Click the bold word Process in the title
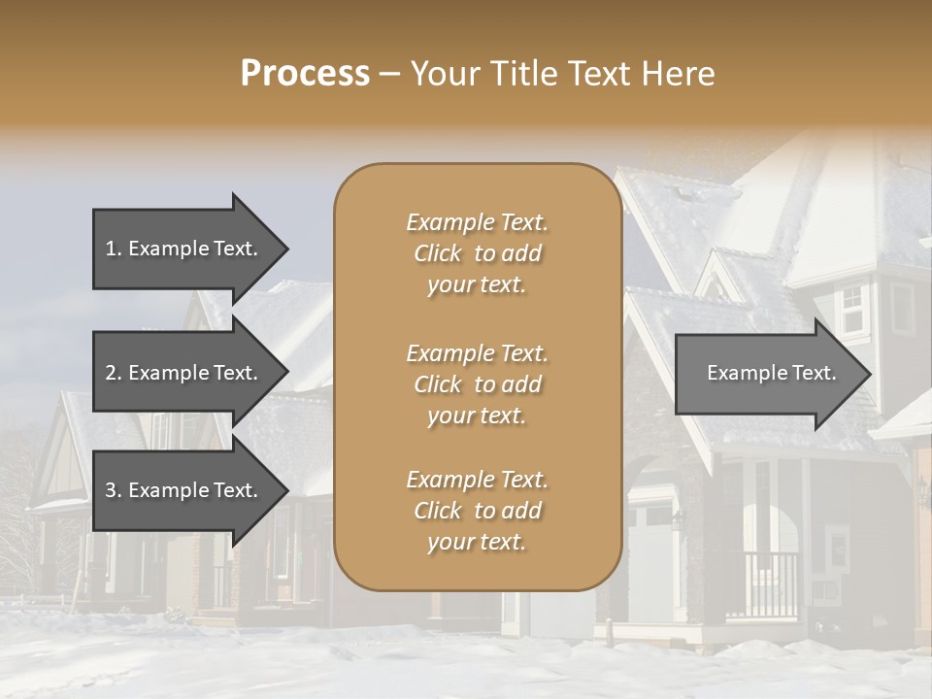click(x=305, y=74)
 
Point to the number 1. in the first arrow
click(x=114, y=249)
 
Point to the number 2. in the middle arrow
click(x=114, y=373)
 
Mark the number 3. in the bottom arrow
click(x=114, y=490)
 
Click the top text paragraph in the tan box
click(x=477, y=253)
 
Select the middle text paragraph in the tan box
click(x=477, y=383)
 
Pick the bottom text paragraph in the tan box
click(x=477, y=511)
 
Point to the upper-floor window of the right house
click(x=851, y=310)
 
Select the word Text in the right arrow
click(x=814, y=373)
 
